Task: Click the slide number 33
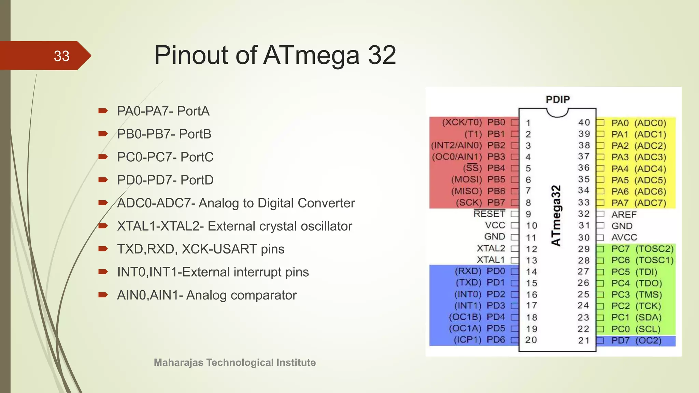[61, 56]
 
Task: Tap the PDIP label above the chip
[558, 100]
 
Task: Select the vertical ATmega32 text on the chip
[556, 216]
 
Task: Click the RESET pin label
[489, 214]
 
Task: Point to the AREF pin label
[624, 215]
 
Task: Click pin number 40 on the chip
[584, 122]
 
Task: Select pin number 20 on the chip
[531, 340]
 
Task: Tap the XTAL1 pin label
[491, 260]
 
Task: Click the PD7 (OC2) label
[636, 340]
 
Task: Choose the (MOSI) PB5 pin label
[478, 179]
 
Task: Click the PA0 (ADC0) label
[639, 123]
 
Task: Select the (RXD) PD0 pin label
[480, 271]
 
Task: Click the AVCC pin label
[624, 237]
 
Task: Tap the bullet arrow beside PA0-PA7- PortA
[103, 111]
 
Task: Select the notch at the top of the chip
[557, 113]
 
